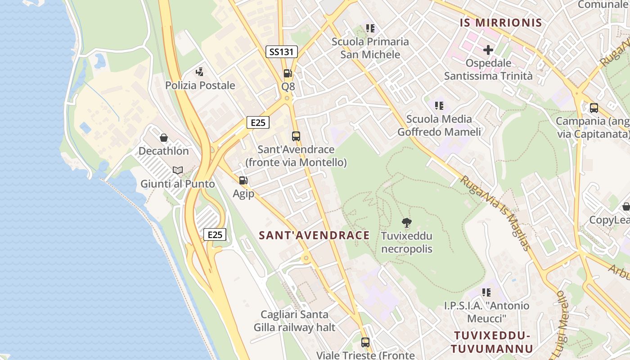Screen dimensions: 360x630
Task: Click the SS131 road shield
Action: [281, 52]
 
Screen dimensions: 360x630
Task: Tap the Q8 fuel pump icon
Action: [288, 73]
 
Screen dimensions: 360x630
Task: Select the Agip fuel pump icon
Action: [243, 180]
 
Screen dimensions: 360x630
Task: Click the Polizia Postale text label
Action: [200, 85]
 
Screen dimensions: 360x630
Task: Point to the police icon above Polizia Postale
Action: [200, 72]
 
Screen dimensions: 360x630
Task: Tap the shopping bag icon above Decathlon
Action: [164, 138]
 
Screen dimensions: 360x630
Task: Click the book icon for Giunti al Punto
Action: [178, 171]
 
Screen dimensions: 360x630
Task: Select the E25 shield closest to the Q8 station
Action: [258, 122]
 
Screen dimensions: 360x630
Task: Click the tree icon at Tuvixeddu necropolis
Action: [406, 222]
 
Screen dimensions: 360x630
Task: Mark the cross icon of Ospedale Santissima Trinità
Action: [488, 49]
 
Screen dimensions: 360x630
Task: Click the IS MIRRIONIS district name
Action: [501, 23]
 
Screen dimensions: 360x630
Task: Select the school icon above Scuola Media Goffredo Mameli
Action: [439, 106]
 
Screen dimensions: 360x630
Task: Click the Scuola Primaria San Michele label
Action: [370, 48]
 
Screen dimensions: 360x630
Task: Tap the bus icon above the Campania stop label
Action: [594, 108]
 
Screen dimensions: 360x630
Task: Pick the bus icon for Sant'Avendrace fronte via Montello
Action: [296, 136]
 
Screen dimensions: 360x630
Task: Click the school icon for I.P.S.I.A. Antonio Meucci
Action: [486, 292]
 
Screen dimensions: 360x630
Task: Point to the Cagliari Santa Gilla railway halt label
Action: [295, 321]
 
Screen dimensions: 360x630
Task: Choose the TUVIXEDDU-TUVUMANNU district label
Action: [492, 342]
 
